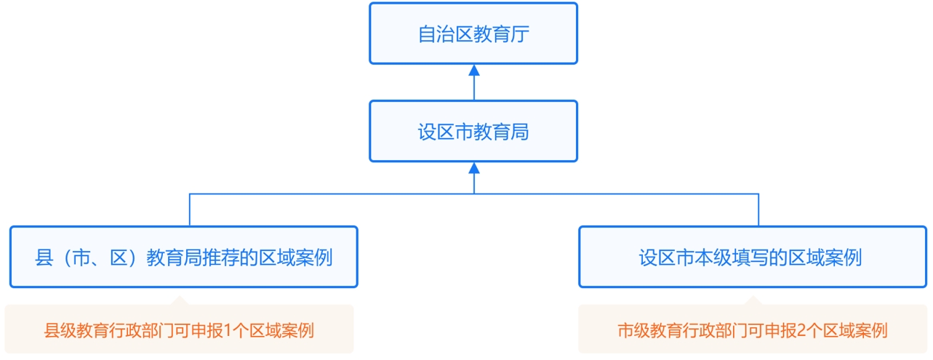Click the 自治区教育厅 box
473,33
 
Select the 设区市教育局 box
473,131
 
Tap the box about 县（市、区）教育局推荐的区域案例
184,257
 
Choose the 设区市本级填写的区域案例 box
752,257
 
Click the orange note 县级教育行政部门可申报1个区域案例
179,329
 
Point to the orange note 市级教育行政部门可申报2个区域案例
752,329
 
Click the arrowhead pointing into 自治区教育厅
474,71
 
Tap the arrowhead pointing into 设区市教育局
474,168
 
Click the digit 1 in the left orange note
228,331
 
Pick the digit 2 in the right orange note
801,331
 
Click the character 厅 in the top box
520,34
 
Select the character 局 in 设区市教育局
520,132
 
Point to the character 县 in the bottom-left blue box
44,257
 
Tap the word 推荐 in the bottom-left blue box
221,257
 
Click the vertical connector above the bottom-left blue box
190,210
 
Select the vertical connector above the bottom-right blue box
758,210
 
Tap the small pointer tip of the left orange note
180,296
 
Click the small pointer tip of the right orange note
753,296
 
